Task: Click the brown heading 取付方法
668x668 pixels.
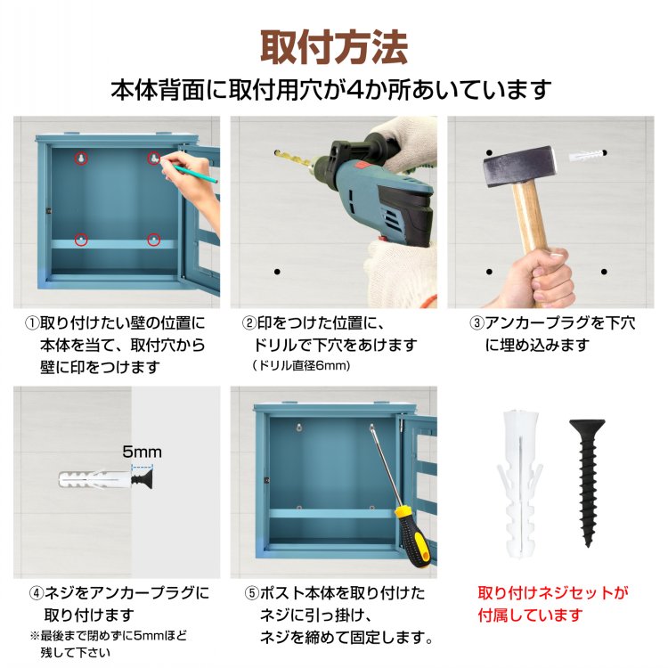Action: pos(334,47)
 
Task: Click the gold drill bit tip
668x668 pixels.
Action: pos(277,152)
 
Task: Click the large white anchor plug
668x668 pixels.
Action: pos(520,484)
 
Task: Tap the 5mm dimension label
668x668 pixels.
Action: pos(142,452)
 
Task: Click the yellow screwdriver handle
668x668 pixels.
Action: pos(412,537)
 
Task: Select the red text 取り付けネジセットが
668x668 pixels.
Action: pos(553,592)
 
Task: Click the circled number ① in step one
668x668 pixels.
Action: pos(32,323)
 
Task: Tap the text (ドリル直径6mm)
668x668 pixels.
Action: pos(301,365)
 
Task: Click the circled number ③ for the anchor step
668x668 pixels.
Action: pos(477,323)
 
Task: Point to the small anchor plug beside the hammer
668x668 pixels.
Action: pos(586,155)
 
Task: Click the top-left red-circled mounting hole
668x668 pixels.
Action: pos(81,158)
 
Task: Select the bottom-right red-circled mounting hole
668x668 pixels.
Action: pos(154,240)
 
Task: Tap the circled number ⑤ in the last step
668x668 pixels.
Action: pos(252,593)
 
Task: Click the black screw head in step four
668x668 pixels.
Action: pos(142,480)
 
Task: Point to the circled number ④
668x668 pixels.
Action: pos(37,593)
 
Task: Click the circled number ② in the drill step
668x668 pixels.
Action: pos(249,323)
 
